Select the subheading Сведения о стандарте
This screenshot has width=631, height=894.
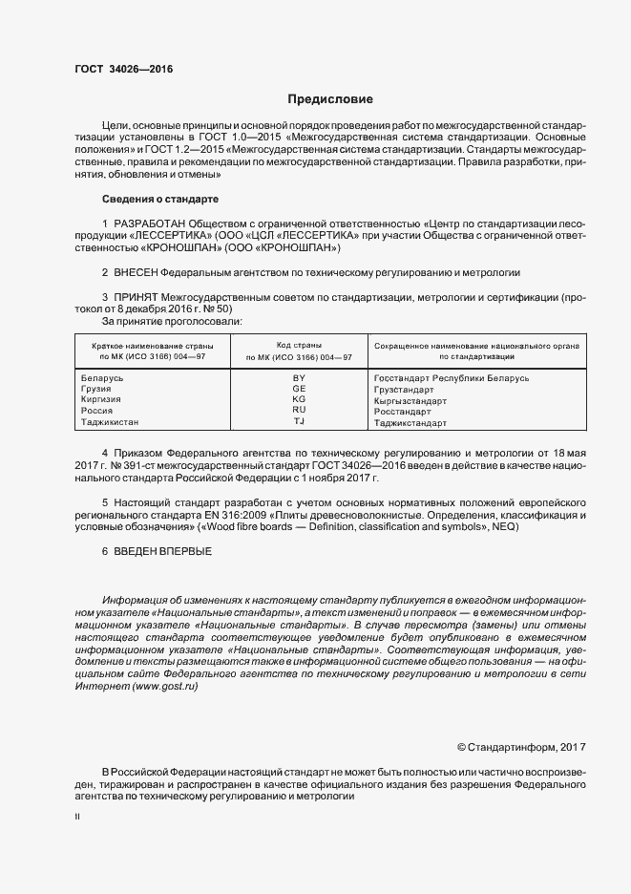(x=159, y=199)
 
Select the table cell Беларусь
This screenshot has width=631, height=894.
(x=103, y=379)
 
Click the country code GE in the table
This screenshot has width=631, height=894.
(x=299, y=390)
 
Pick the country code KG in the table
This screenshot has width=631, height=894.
(x=299, y=400)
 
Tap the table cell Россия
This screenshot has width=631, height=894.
(x=98, y=411)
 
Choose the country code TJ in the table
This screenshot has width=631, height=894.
(x=299, y=421)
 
